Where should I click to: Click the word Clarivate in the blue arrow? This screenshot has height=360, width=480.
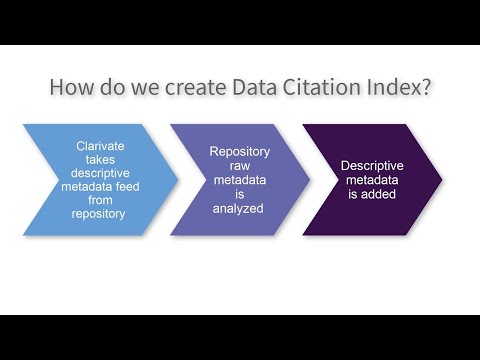[100, 145]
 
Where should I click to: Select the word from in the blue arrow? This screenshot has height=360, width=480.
[100, 200]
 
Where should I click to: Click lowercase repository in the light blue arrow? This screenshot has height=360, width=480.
[100, 214]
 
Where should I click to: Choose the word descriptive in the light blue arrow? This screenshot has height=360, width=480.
[100, 172]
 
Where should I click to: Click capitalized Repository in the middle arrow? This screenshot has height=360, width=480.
[238, 151]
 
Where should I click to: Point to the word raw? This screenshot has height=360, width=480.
[238, 165]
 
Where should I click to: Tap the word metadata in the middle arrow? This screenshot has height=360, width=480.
[238, 179]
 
